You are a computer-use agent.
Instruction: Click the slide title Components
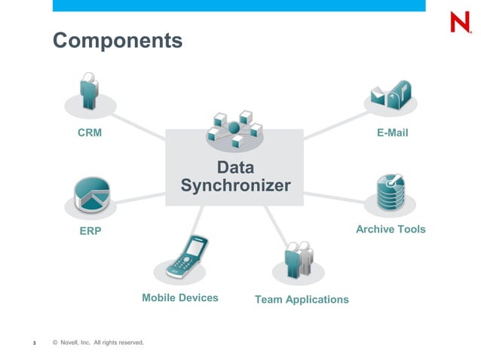pos(117,40)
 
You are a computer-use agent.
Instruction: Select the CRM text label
pos(90,133)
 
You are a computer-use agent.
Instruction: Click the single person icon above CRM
pos(90,93)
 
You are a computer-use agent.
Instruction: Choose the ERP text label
pos(90,231)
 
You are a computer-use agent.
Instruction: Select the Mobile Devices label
pos(180,297)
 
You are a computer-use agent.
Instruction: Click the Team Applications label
pos(302,300)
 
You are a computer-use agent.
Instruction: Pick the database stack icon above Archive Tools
pos(389,194)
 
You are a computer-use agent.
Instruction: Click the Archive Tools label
pos(391,229)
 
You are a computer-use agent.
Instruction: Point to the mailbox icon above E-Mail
pos(388,96)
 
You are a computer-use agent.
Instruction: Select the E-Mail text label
pos(392,133)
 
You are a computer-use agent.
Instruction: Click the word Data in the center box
pos(235,167)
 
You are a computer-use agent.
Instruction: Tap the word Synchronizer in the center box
pos(235,185)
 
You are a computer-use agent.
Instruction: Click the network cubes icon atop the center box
pos(236,129)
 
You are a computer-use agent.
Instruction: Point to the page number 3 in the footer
pos(35,344)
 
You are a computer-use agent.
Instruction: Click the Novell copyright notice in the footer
pos(98,343)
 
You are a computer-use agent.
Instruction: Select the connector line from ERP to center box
pos(139,197)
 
